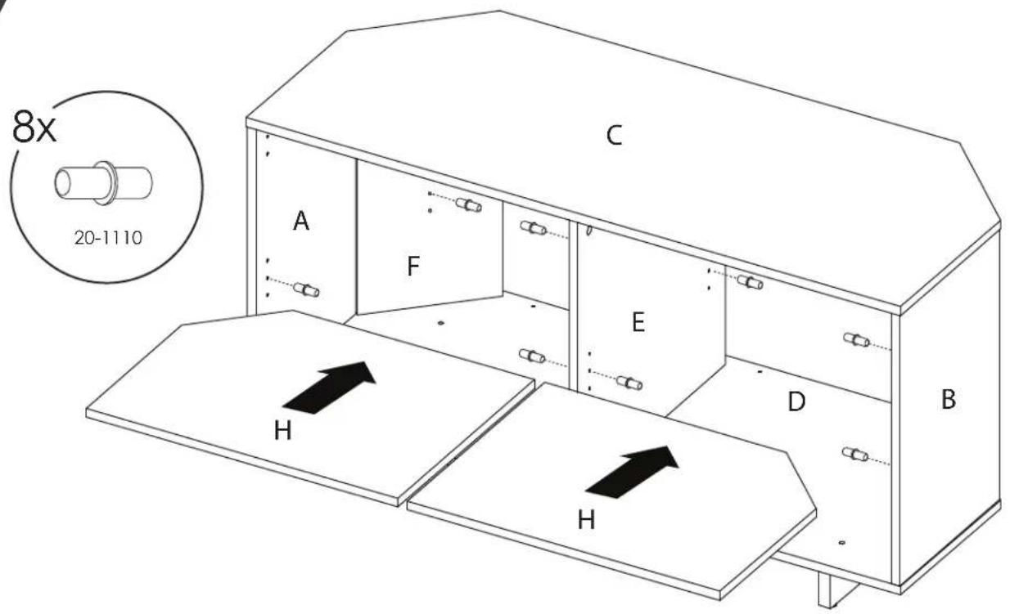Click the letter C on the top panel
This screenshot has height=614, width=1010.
click(614, 135)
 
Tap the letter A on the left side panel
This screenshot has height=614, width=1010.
click(300, 221)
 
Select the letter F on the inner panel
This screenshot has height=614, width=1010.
click(413, 266)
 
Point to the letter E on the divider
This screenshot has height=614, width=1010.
click(638, 322)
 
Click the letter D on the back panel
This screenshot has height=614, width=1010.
click(796, 401)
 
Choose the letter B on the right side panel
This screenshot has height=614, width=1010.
click(949, 399)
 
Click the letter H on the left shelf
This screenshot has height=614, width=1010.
click(282, 430)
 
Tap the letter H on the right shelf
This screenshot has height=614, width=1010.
click(586, 520)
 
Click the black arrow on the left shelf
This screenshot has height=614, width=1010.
click(329, 388)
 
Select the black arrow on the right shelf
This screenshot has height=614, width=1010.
click(632, 472)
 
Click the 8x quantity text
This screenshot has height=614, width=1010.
click(34, 127)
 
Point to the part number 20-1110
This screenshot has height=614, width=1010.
click(108, 238)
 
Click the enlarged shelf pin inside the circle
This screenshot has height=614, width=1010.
click(104, 183)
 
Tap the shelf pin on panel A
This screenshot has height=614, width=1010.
click(306, 289)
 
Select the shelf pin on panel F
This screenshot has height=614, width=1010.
click(468, 205)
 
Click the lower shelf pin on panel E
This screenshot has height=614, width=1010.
click(629, 383)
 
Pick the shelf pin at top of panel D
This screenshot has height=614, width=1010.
click(750, 282)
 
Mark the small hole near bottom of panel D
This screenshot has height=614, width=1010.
click(841, 543)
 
